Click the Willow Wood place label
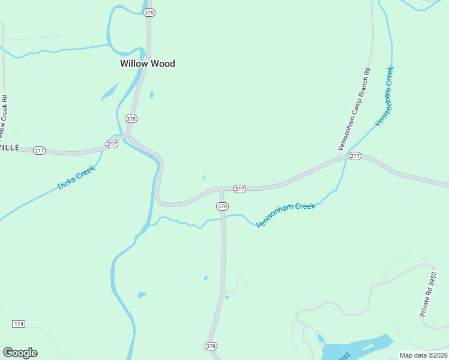click(x=147, y=64)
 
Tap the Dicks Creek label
click(x=76, y=178)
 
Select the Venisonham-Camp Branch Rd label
click(x=354, y=110)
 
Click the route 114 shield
click(x=18, y=324)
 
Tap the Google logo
click(x=20, y=353)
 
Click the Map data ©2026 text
click(x=423, y=355)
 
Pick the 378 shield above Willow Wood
click(x=149, y=13)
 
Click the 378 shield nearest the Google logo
click(x=211, y=346)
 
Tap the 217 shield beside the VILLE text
click(x=40, y=151)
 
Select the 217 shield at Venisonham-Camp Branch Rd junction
click(x=355, y=157)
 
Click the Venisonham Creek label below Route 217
click(x=286, y=215)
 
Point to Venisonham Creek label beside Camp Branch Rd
click(x=385, y=96)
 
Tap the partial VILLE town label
click(x=10, y=148)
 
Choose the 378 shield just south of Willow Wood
click(x=131, y=119)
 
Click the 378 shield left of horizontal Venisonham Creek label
click(x=222, y=206)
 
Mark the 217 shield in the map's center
click(x=240, y=189)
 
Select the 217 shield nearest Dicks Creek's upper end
click(x=112, y=144)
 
